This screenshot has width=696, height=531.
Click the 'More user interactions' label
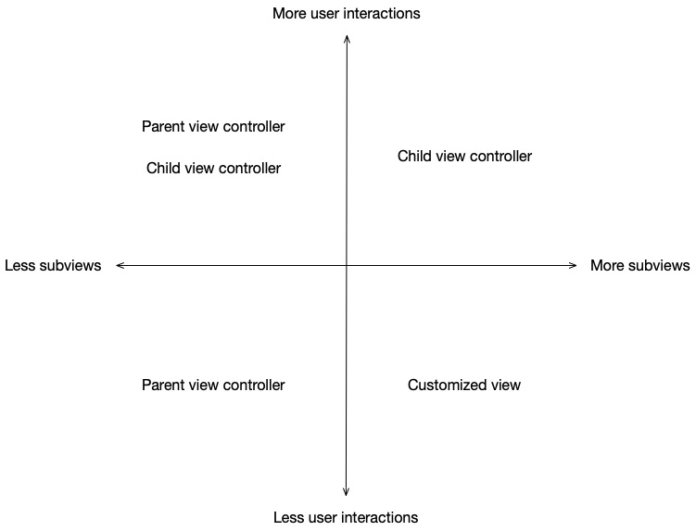[346, 14]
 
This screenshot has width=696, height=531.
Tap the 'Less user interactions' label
[346, 517]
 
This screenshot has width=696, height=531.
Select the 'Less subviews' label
[53, 266]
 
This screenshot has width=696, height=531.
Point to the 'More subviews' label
[639, 266]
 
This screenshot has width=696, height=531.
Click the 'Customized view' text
[464, 385]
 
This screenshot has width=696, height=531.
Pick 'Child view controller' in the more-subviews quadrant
[464, 157]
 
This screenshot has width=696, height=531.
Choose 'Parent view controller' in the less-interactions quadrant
[213, 385]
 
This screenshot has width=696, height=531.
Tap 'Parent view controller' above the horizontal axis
[213, 126]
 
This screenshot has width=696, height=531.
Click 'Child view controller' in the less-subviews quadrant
[213, 169]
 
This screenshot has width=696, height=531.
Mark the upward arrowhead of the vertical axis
[347, 37]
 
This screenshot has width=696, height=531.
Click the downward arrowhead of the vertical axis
[347, 493]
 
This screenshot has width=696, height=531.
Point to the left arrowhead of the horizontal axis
[120, 266]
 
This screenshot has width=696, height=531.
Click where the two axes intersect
[347, 266]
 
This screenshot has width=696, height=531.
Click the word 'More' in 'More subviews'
[608, 266]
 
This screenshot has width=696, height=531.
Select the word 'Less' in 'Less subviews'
[19, 266]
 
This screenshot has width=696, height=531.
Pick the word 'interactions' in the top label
[382, 14]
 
